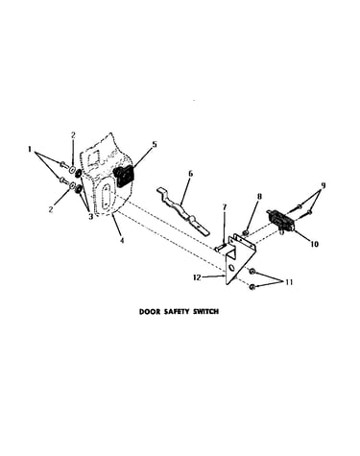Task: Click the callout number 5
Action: pos(155,144)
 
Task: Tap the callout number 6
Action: pos(191,174)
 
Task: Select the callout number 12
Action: pos(197,277)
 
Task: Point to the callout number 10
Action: pos(315,244)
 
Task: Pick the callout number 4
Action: pos(122,240)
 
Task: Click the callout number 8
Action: pos(259,196)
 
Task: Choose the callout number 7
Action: pos(225,207)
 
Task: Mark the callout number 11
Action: pos(289,282)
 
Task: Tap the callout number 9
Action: pos(324,185)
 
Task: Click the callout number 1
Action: pos(30,149)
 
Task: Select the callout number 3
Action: pos(90,216)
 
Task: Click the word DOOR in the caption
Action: pos(150,311)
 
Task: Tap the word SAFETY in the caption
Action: pos(177,311)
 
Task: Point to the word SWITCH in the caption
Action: pos(206,311)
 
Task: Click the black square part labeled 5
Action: pos(123,176)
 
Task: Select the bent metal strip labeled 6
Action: pos(181,209)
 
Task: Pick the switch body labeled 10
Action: pos(279,220)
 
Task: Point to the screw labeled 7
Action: pos(220,247)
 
